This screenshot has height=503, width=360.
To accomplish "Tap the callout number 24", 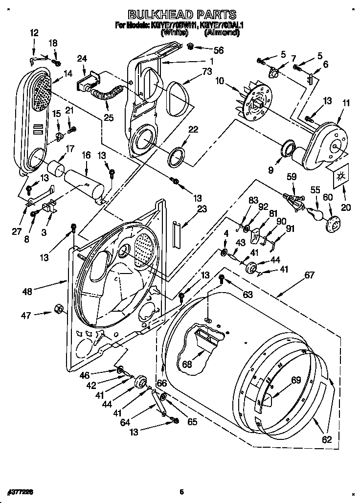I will (82, 59).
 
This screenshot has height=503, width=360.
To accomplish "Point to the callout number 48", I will (27, 292).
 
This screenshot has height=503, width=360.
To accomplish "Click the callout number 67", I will (309, 275).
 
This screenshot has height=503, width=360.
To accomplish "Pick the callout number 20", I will (345, 207).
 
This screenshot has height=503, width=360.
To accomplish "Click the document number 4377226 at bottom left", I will (21, 490).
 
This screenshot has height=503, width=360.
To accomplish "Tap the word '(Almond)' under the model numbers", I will (222, 33).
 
